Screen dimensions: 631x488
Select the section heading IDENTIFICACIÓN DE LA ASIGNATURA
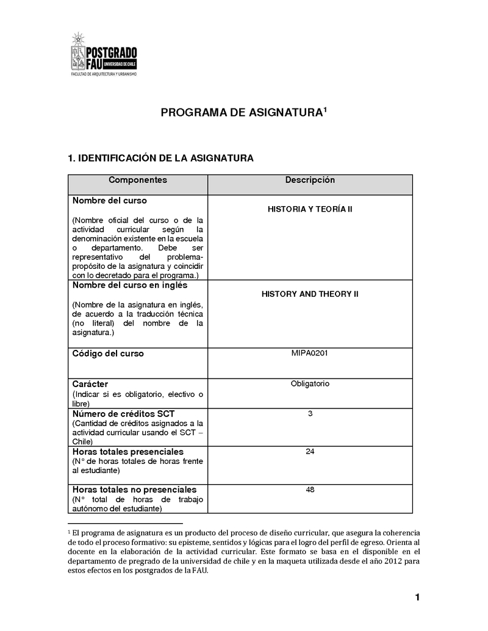tap(160, 159)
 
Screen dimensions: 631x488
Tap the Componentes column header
tap(137, 180)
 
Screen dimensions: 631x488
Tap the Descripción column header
tap(310, 180)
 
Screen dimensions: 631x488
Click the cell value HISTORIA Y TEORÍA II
tap(310, 209)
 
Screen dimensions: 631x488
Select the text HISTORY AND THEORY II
tap(310, 294)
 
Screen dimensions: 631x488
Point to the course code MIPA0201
tap(310, 353)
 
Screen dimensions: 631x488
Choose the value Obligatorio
tap(310, 383)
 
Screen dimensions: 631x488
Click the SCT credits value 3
tap(310, 414)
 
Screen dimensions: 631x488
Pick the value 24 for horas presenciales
tap(310, 452)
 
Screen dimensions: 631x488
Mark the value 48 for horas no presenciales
tap(310, 490)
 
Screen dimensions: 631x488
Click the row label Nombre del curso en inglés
tap(130, 285)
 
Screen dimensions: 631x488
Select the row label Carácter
tap(90, 384)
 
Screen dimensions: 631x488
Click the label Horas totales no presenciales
tap(134, 490)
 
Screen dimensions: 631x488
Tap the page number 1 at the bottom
tap(417, 597)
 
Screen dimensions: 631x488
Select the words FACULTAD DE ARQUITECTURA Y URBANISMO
tap(104, 74)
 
